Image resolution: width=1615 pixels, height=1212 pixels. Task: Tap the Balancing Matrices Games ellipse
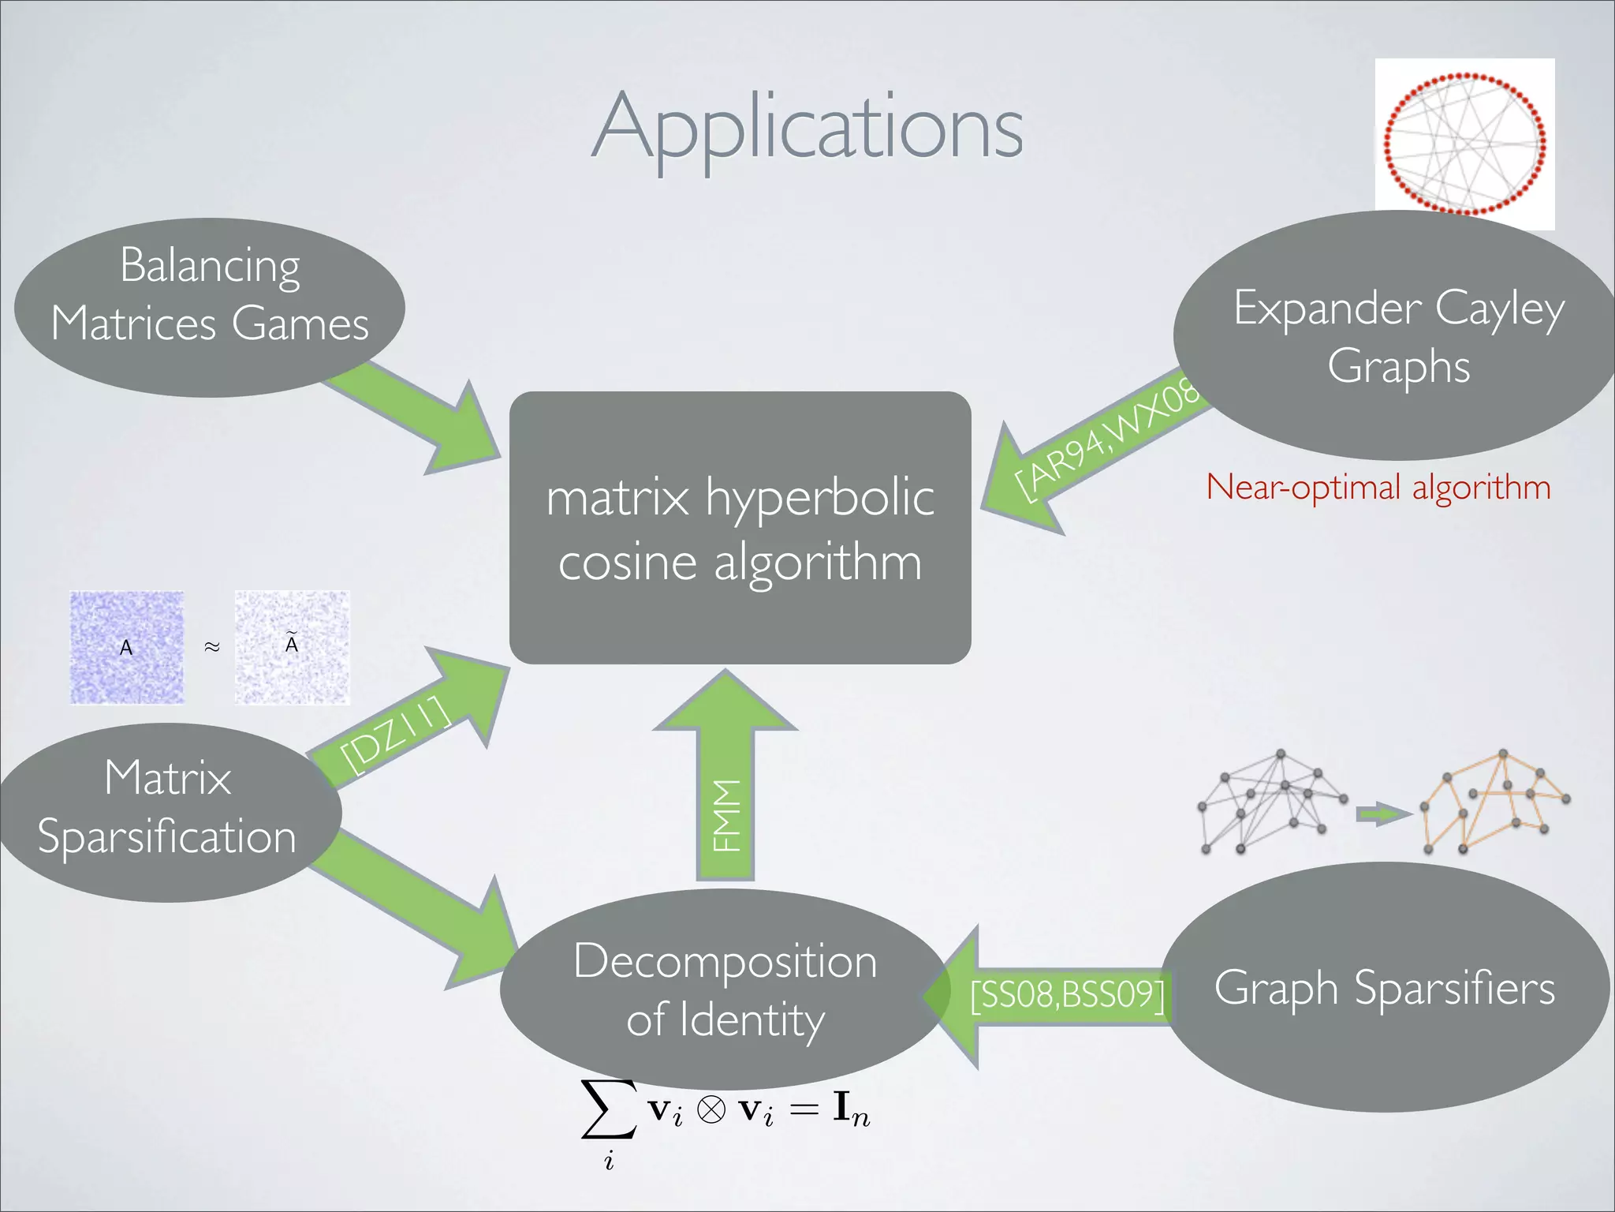coord(209,308)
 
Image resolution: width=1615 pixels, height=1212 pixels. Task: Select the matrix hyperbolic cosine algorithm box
coord(740,528)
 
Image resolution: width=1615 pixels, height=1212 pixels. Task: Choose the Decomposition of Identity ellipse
coord(724,989)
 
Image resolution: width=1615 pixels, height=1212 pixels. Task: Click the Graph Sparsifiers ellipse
coord(1384,988)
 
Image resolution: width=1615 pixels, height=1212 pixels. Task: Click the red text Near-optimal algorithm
coord(1378,487)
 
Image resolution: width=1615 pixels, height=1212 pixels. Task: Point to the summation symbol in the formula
coord(608,1111)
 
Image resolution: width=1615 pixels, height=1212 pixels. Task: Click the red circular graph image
coord(1464,144)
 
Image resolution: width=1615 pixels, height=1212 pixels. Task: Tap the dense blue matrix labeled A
coord(126,647)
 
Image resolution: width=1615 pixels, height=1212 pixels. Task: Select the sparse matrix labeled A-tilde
coord(292,647)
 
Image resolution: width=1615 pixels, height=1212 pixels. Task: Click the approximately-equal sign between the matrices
coord(211,647)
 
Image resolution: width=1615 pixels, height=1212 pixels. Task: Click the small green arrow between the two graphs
coord(1382,814)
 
